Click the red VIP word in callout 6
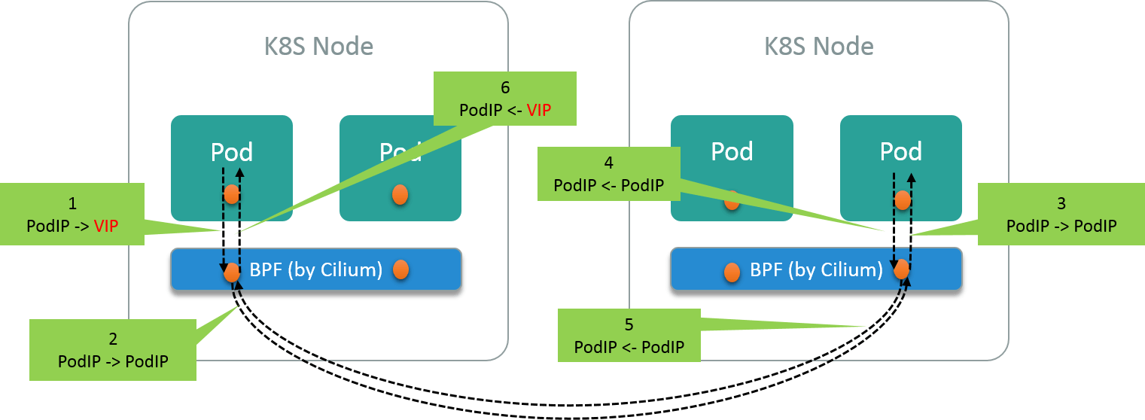tap(539, 110)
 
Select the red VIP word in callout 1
tap(106, 225)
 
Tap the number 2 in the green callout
tap(113, 339)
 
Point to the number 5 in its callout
tap(629, 324)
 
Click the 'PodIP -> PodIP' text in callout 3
tap(1061, 225)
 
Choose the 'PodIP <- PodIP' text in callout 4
tap(608, 184)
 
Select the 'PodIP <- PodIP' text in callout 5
tap(629, 347)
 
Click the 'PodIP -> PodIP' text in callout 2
tap(113, 361)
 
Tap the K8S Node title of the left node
tap(318, 47)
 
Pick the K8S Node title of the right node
tap(819, 47)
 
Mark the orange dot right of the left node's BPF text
tap(400, 269)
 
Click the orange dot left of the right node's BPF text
tap(730, 272)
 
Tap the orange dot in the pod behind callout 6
tap(400, 194)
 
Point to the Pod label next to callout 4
tap(732, 151)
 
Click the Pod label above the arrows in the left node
tap(231, 152)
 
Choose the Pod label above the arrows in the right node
tap(901, 151)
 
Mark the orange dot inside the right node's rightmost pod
tap(902, 200)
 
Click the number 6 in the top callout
tap(505, 87)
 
